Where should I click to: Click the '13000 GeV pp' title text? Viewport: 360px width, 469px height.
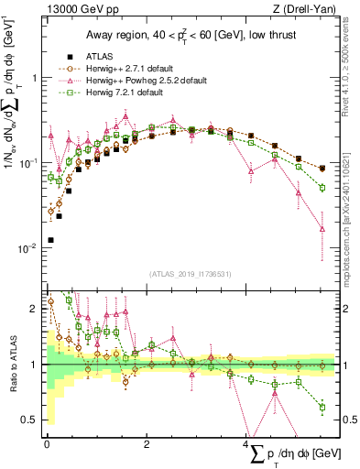click(x=80, y=10)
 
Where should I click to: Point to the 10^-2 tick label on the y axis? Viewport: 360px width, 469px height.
click(x=27, y=248)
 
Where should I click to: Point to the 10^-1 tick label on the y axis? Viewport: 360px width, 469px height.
click(x=27, y=163)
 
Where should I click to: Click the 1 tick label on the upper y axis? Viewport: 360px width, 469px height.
click(x=33, y=78)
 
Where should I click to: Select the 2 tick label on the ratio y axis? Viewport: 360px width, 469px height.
click(x=33, y=309)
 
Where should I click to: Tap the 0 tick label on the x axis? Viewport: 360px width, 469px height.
click(x=47, y=442)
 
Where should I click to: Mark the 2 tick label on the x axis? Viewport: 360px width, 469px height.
click(x=147, y=442)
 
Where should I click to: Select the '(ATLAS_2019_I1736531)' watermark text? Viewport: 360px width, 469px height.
click(x=190, y=274)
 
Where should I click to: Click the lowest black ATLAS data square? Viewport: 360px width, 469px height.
click(x=49, y=240)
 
